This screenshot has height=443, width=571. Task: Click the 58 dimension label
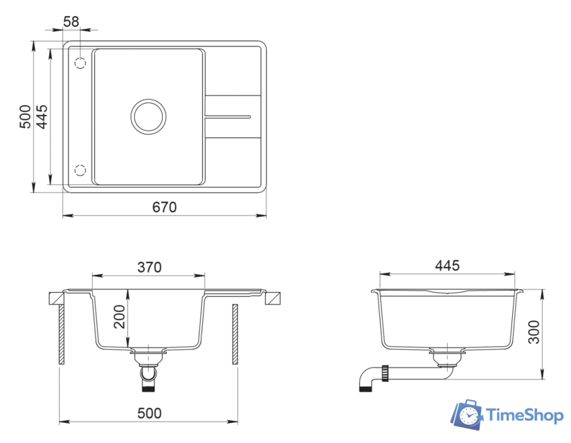point(71,21)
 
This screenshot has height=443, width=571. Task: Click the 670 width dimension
point(165,207)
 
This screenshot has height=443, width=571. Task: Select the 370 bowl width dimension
point(149,267)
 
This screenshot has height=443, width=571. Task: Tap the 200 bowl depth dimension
point(119,316)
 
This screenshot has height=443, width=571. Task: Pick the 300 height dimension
point(534,332)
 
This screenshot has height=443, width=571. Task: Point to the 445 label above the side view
point(447,266)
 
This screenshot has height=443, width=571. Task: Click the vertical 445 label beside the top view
point(42,117)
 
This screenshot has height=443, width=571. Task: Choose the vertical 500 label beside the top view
point(25,117)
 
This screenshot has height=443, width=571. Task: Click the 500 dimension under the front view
point(149,413)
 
